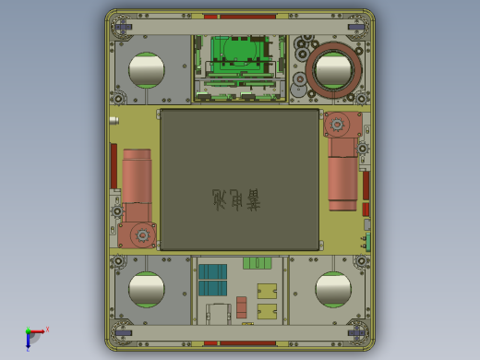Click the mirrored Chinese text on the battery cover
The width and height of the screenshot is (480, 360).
pos(236,198)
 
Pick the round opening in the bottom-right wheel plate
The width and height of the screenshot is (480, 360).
pos(333,289)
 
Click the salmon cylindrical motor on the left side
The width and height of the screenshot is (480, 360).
pos(136,185)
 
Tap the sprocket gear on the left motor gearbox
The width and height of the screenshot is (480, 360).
pos(142,235)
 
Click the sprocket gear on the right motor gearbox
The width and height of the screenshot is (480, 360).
pos(337,124)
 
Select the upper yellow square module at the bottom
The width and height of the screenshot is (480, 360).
pos(267,290)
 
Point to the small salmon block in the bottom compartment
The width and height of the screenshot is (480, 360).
pos(242,306)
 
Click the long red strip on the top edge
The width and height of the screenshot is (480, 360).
pos(239,16)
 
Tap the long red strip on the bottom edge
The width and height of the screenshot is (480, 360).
pos(239,343)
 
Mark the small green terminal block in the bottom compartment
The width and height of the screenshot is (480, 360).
pos(258,263)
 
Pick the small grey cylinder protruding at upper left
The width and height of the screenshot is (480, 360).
pos(114,119)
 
